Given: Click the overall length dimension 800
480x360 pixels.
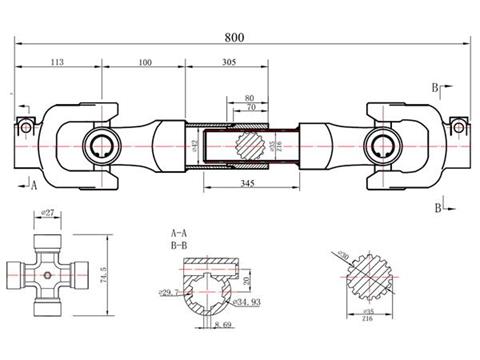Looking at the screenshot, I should [x=235, y=38].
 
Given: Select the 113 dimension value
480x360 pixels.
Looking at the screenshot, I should [x=57, y=62].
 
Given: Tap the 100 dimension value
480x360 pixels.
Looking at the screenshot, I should [x=145, y=62].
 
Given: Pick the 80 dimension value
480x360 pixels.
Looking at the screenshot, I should [x=248, y=97].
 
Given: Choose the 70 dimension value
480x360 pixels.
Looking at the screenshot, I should [x=248, y=106].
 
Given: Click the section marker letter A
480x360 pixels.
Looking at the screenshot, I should [x=33, y=185].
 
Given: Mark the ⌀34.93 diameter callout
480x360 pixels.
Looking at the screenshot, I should [x=246, y=301].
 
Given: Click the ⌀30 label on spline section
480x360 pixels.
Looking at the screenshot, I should [x=344, y=257].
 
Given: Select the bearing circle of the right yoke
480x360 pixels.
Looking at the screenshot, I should [x=384, y=145].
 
